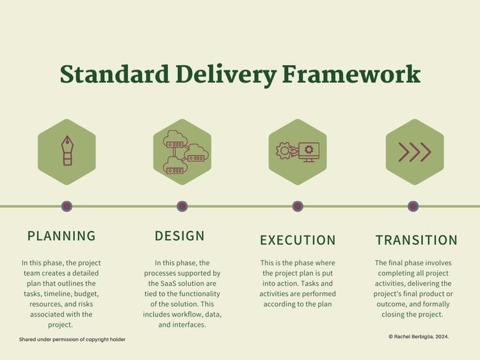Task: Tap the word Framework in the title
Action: [x=351, y=74]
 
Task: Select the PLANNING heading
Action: [x=61, y=236]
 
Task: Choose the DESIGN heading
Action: [x=180, y=236]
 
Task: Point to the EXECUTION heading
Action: [x=298, y=240]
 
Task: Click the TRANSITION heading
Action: [x=417, y=240]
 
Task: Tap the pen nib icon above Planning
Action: [x=67, y=152]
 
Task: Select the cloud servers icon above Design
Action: [x=182, y=152]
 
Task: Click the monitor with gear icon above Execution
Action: [x=298, y=152]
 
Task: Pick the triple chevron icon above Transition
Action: [x=414, y=152]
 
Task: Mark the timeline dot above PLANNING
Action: [x=67, y=206]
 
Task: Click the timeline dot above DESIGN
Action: [x=182, y=206]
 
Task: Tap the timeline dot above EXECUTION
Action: [x=298, y=206]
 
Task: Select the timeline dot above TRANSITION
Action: [x=413, y=206]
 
